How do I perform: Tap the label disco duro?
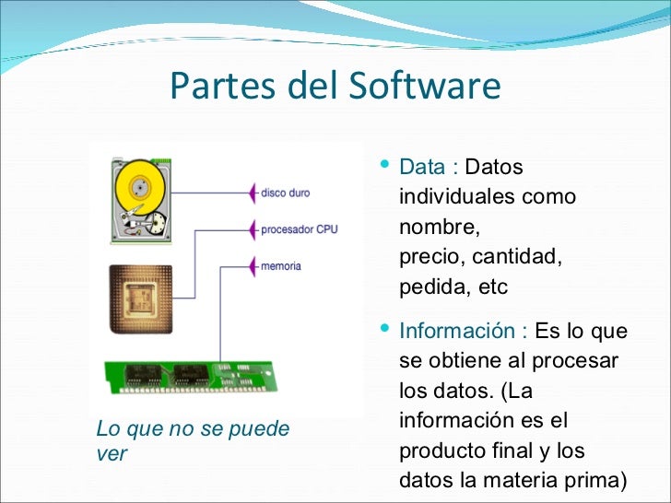[x=286, y=193]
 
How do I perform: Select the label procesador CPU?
[x=300, y=229]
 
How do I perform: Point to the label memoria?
[x=281, y=266]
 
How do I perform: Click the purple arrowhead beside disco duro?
[x=254, y=193]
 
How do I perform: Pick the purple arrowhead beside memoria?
[x=254, y=266]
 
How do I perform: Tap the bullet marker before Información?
[x=384, y=329]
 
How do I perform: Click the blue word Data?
[x=424, y=169]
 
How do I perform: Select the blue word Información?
[x=457, y=331]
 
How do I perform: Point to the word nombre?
[x=439, y=227]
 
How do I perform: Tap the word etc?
[x=492, y=287]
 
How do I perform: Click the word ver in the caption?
[x=111, y=454]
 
